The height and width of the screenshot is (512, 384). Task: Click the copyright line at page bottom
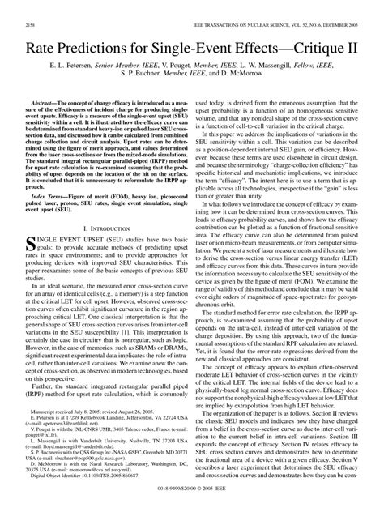click(x=191, y=501)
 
